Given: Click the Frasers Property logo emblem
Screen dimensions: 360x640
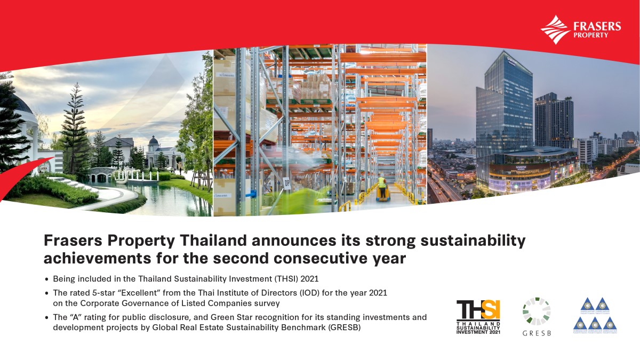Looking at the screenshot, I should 554,29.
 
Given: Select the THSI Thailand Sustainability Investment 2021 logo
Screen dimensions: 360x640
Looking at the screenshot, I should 478,316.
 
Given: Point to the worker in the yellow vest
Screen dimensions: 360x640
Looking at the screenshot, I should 381,187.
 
